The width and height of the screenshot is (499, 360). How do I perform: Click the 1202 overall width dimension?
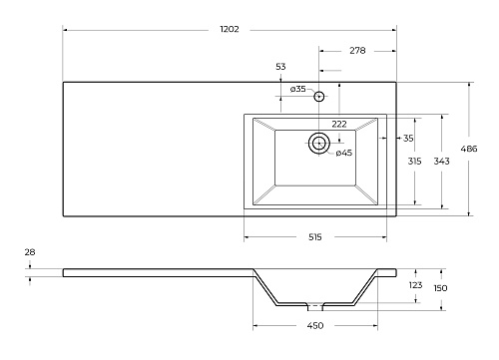pyautogui.click(x=230, y=29)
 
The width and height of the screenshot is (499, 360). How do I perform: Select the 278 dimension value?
pyautogui.click(x=357, y=51)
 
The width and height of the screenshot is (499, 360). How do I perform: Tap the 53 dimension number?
pyautogui.click(x=280, y=67)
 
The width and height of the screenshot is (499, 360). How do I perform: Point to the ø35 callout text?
pyautogui.click(x=297, y=89)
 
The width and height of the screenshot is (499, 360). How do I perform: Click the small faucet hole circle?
pyautogui.click(x=319, y=97)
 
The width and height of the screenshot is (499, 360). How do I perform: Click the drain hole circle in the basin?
pyautogui.click(x=319, y=144)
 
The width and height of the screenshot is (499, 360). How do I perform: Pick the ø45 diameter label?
pyautogui.click(x=343, y=153)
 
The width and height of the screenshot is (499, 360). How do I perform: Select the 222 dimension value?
pyautogui.click(x=339, y=124)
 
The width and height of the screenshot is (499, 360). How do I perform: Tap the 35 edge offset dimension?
pyautogui.click(x=408, y=138)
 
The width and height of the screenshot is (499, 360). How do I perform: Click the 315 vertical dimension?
pyautogui.click(x=414, y=162)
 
